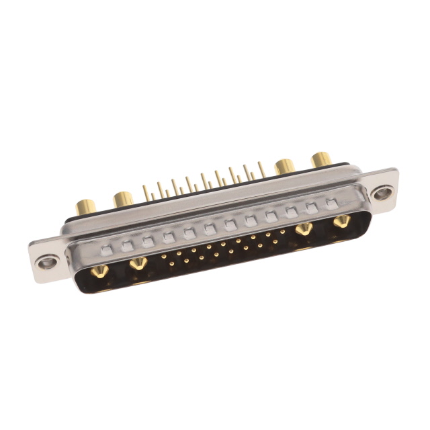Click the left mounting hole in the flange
point(47,263)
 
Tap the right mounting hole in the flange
point(382,194)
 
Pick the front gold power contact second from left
point(138,263)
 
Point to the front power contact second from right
point(304,230)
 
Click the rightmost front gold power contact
point(341,222)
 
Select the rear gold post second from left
point(123,198)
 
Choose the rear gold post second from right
point(285,165)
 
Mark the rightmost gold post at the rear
point(322,159)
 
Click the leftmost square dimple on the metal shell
point(106,250)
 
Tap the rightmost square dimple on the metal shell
point(331,202)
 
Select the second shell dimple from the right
point(311,207)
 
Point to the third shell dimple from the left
point(148,241)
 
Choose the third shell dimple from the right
point(291,211)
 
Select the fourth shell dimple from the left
point(168,237)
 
